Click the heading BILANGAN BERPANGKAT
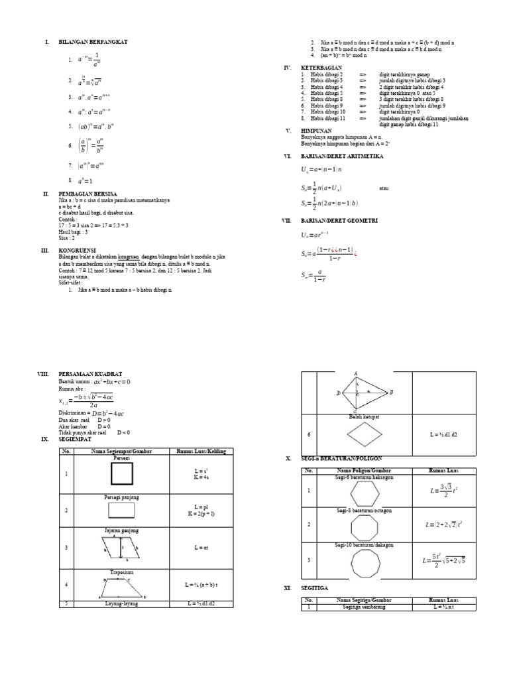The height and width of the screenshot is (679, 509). [93, 42]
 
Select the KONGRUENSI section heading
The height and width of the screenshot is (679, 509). [79, 250]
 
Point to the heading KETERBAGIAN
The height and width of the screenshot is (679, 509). [321, 68]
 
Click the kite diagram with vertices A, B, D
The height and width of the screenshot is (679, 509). [363, 392]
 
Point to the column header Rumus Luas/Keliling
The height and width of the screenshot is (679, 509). [201, 452]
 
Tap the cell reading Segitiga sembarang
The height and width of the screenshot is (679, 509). [364, 607]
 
